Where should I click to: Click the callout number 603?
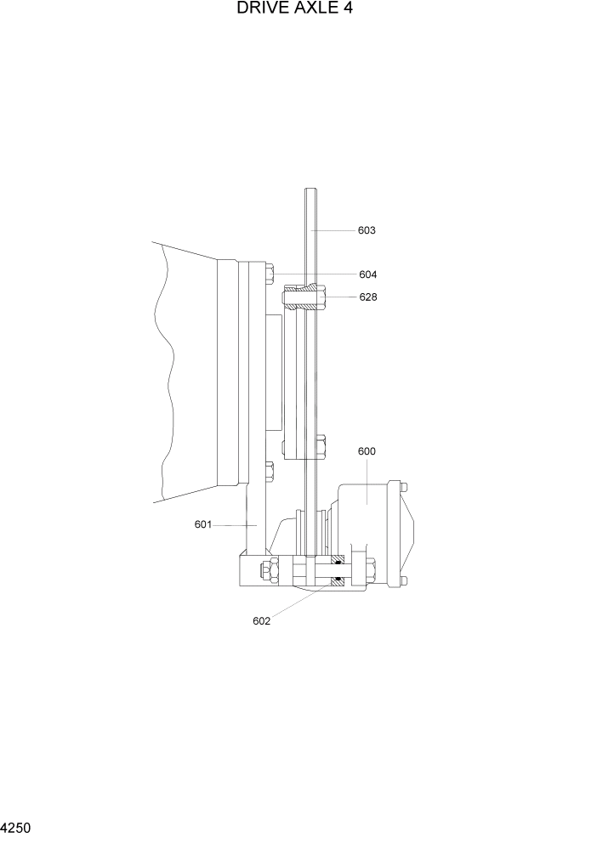click(x=367, y=230)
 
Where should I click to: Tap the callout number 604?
click(x=367, y=274)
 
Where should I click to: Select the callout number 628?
click(x=367, y=297)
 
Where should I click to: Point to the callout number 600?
click(x=367, y=452)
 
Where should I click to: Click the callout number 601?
click(x=202, y=524)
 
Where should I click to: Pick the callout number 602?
click(x=261, y=620)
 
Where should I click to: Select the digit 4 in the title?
click(x=348, y=10)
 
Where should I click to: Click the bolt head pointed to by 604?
click(x=270, y=274)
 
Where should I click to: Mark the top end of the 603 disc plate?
click(x=310, y=192)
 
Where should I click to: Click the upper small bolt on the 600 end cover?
click(x=403, y=488)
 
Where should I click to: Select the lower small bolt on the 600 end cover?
click(x=403, y=580)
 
